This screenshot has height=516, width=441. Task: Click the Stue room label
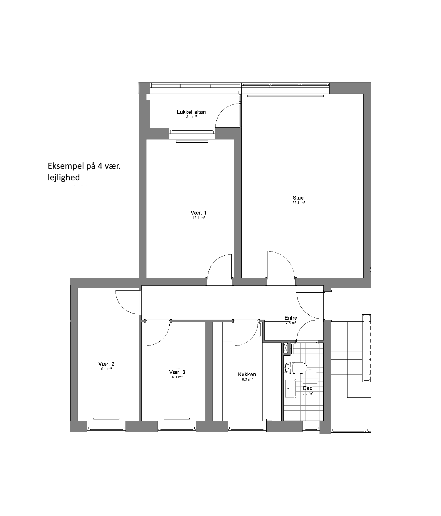298,198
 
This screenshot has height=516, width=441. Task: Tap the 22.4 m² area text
298,203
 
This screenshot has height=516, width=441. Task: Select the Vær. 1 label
198,213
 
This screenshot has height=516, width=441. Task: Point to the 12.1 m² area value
198,218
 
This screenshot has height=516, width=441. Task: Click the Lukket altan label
191,112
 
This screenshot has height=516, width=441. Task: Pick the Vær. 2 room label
106,364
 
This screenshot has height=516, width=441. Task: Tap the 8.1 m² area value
106,369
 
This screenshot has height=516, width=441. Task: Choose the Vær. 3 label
177,372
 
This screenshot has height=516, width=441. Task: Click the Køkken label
247,375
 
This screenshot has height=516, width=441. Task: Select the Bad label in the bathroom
308,388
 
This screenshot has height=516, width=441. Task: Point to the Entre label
291,318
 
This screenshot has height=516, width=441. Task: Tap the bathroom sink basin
290,389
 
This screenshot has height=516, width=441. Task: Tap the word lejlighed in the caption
64,178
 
